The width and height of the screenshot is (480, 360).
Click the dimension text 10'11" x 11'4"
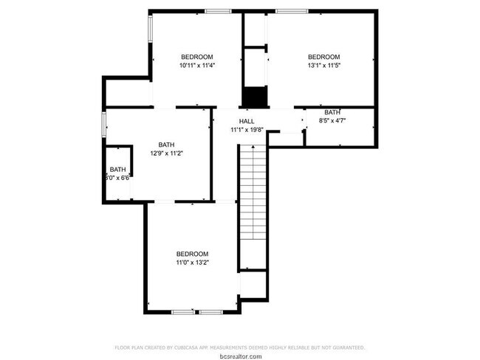(x=196, y=66)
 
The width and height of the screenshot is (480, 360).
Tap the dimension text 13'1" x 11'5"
(x=323, y=66)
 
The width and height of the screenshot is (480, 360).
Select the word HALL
(x=247, y=121)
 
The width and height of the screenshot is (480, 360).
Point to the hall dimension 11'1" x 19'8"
(x=247, y=130)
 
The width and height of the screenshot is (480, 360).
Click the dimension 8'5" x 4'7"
(x=332, y=121)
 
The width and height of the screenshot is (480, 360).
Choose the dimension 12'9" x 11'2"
(x=166, y=153)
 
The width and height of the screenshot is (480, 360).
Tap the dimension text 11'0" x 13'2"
(x=192, y=262)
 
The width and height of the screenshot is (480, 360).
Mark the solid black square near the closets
(x=254, y=97)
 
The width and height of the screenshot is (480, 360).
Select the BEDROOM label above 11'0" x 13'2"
(x=192, y=253)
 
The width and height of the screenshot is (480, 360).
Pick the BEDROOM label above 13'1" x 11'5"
(x=323, y=57)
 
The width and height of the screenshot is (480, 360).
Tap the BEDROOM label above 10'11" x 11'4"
(x=197, y=57)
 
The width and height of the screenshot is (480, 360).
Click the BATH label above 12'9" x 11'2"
(x=166, y=145)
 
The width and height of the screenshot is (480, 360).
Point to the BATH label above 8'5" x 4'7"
(x=332, y=112)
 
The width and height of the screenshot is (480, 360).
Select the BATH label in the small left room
(x=118, y=169)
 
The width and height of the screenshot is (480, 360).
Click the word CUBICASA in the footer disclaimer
(x=191, y=347)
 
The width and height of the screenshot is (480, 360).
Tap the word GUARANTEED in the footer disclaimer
(x=346, y=347)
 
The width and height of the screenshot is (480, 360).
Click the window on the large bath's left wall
(x=104, y=124)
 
